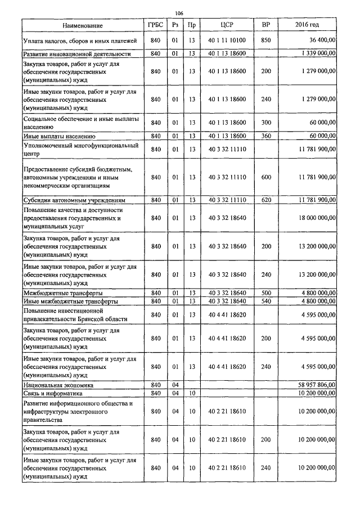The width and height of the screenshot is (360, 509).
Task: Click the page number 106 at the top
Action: pos(179,13)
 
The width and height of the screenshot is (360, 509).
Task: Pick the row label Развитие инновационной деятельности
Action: pos(76,54)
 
